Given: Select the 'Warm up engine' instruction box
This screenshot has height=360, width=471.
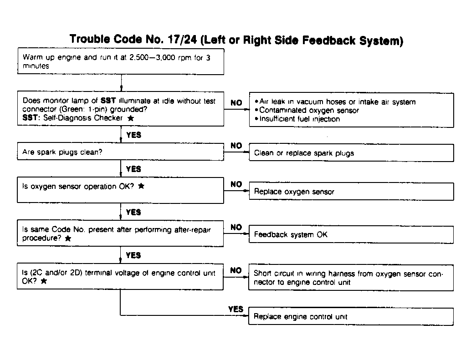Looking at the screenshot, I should pyautogui.click(x=121, y=62).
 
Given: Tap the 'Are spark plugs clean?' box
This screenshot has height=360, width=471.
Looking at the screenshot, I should pyautogui.click(x=121, y=152).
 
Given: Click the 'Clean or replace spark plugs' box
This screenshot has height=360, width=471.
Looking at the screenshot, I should pyautogui.click(x=351, y=153).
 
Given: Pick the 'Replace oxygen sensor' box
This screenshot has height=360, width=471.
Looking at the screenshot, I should pyautogui.click(x=351, y=192).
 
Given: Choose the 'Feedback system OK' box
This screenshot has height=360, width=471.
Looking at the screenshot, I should pyautogui.click(x=351, y=235).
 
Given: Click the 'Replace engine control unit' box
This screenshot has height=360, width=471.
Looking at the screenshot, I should pyautogui.click(x=351, y=316).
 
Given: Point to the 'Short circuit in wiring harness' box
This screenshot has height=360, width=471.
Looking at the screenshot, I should pyautogui.click(x=351, y=278).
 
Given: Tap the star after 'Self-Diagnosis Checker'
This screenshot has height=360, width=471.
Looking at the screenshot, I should pyautogui.click(x=131, y=118).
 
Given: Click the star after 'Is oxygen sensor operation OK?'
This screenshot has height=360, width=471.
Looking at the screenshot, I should pyautogui.click(x=141, y=187).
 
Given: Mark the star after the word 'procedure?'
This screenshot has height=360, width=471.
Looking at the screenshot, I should pyautogui.click(x=68, y=238).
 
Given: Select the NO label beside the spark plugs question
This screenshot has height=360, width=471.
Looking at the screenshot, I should pyautogui.click(x=236, y=146).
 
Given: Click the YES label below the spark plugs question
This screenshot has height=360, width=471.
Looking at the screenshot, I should pyautogui.click(x=133, y=169).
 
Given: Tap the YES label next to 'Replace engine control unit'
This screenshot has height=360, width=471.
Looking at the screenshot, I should pyautogui.click(x=235, y=309).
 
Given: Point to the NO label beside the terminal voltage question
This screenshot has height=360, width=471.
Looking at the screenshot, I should pyautogui.click(x=236, y=270).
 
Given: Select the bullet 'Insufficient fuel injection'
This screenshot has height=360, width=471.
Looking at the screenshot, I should pyautogui.click(x=300, y=119).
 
